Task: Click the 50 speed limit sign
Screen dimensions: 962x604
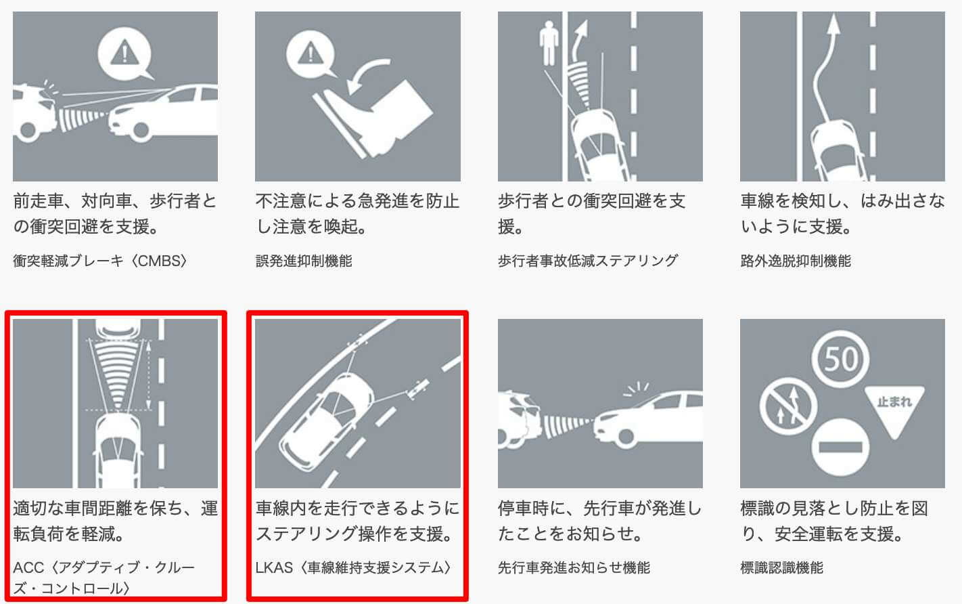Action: (840, 359)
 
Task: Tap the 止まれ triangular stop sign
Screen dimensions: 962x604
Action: (894, 408)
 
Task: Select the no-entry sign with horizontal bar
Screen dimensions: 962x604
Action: (840, 448)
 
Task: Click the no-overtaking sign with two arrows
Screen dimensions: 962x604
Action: (789, 406)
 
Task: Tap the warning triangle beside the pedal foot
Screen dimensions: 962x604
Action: (311, 52)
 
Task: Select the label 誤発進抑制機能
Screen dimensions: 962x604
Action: (304, 261)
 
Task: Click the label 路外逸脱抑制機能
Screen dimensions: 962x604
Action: (796, 261)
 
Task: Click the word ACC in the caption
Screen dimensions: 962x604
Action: (29, 567)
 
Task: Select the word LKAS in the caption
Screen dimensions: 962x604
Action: (274, 567)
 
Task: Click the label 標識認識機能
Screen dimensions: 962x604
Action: (782, 567)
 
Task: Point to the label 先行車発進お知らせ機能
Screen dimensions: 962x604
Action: (574, 567)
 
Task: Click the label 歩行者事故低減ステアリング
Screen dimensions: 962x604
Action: (588, 261)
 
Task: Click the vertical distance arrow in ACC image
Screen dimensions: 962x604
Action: (149, 374)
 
